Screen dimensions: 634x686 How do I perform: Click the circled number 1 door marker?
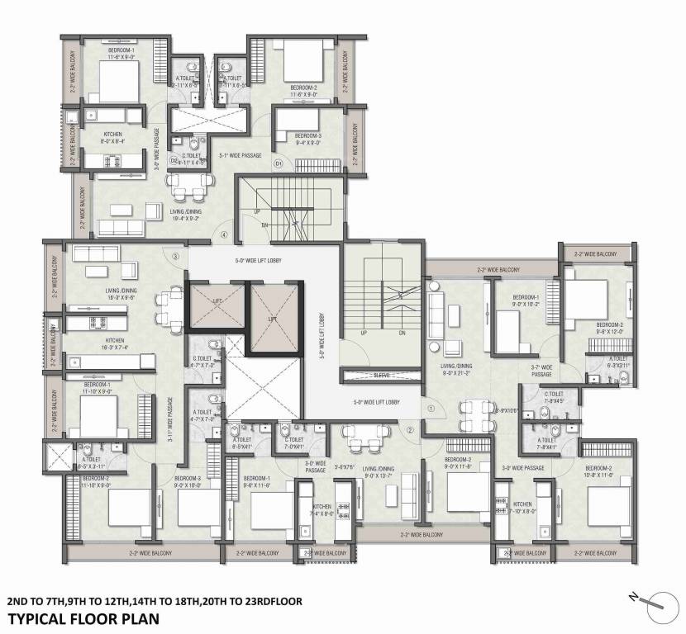[431, 406]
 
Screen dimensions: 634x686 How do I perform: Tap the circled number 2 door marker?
[409, 430]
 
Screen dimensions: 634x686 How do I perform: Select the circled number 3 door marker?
[175, 257]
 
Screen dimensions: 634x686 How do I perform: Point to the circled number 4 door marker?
[224, 234]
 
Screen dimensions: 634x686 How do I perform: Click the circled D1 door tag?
[279, 164]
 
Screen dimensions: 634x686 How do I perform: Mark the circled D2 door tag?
[174, 160]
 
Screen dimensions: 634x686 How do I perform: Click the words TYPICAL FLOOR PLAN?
[84, 617]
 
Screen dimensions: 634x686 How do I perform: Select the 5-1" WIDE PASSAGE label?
[241, 155]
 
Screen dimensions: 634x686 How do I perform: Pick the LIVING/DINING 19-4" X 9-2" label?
[188, 215]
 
